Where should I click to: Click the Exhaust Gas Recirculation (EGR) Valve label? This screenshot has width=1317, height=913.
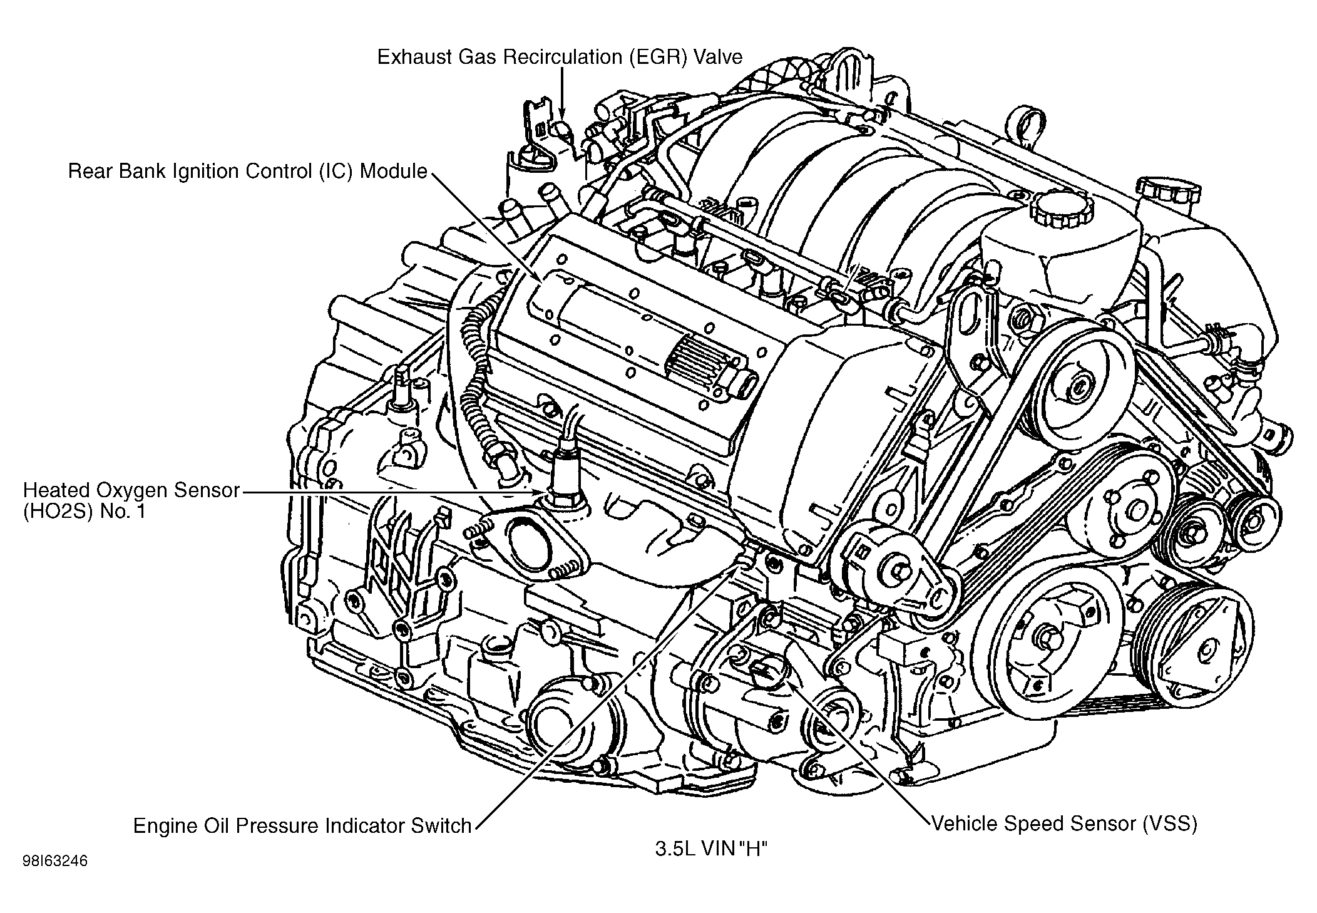click(x=560, y=57)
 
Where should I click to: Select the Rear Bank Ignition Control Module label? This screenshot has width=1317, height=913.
click(x=247, y=171)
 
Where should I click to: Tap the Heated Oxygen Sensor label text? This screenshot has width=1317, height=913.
click(x=131, y=490)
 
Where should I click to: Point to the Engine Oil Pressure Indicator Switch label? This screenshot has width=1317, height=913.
click(x=302, y=825)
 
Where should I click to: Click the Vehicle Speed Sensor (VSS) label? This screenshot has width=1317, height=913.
click(x=1064, y=823)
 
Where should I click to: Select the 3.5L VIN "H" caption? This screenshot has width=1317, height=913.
click(x=711, y=849)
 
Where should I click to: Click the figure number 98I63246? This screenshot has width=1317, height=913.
click(x=55, y=861)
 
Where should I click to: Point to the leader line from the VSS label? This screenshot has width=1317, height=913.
click(x=864, y=751)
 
